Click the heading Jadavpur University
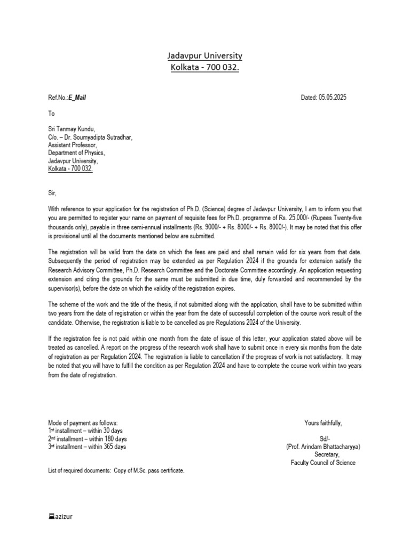tap(205, 56)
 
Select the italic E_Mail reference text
tap(77, 98)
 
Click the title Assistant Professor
tap(73, 145)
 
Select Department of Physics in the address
tap(76, 152)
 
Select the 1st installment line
tap(85, 431)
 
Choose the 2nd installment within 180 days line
tap(88, 439)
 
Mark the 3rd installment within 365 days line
tap(88, 447)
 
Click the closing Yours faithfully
tap(323, 423)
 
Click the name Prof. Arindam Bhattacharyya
tap(324, 447)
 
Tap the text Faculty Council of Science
tap(323, 462)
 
